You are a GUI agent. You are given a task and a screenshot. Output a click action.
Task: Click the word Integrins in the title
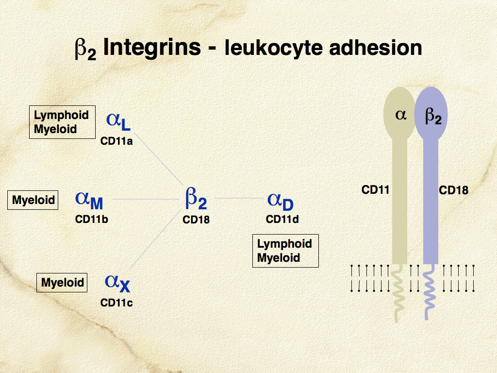pos(152,48)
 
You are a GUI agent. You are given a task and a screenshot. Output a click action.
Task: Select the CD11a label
pos(116,141)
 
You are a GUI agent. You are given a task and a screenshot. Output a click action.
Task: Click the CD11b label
pos(91,219)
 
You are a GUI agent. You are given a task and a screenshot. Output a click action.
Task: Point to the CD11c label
pos(116,303)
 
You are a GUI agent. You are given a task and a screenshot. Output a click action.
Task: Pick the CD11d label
pos(282,219)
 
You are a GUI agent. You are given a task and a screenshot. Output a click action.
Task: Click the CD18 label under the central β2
pos(196,220)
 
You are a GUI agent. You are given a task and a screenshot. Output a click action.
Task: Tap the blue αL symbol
pos(118,121)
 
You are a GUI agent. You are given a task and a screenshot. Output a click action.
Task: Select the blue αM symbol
pos(89,200)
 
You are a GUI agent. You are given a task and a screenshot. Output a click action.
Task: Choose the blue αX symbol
pos(117,282)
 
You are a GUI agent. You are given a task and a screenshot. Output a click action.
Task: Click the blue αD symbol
pos(281,200)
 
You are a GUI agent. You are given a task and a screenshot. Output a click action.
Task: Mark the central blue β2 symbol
pos(196,199)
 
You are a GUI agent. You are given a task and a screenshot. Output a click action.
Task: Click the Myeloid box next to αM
pos(33,200)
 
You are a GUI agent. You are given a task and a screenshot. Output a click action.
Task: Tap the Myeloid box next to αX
pos(62,283)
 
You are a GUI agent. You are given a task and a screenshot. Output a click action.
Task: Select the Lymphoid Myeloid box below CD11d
pos(285,251)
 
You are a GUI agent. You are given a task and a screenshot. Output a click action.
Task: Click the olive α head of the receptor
pos(400,114)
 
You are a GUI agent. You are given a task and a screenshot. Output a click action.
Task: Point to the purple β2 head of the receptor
pos(431,114)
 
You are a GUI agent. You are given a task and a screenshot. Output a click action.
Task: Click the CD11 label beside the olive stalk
pos(376,190)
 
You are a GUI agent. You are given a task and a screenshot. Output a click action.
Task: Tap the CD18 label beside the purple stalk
pos(454,190)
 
